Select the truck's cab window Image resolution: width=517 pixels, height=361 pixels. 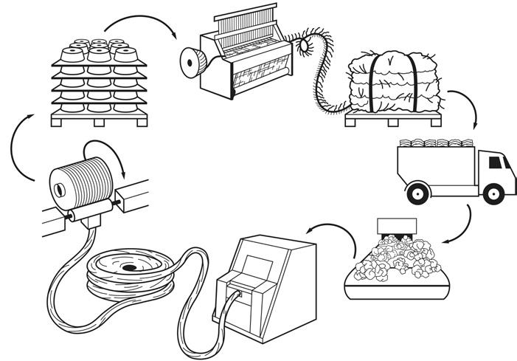click(496, 163)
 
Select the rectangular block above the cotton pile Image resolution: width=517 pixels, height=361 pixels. click(396, 224)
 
